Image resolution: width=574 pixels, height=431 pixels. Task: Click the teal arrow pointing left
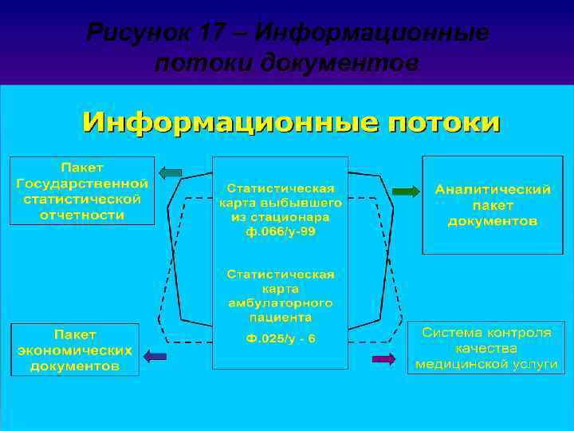tap(171, 172)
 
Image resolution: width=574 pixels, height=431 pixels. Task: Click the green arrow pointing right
tap(407, 191)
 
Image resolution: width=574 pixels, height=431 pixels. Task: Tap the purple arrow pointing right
tap(383, 359)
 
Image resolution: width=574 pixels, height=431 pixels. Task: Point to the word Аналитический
tap(493, 191)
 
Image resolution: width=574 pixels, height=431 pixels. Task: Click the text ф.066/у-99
tap(281, 231)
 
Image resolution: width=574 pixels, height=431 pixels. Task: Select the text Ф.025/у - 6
tap(281, 338)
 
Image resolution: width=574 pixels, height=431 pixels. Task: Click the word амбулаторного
tap(281, 303)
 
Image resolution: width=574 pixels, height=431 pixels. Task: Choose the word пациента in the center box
tap(281, 318)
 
